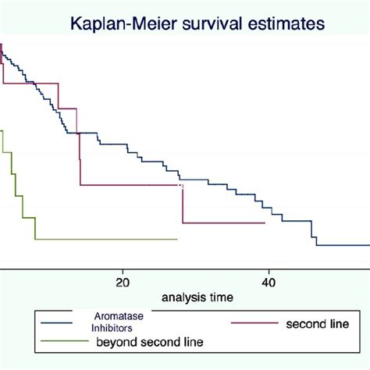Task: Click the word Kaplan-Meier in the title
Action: click(118, 25)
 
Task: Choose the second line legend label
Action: click(315, 323)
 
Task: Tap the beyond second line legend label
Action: click(149, 342)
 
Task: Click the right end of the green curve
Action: click(177, 239)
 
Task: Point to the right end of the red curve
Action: click(265, 222)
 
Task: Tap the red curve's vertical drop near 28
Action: click(183, 204)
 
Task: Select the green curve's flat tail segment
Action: click(106, 239)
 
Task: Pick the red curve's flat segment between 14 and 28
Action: click(131, 185)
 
